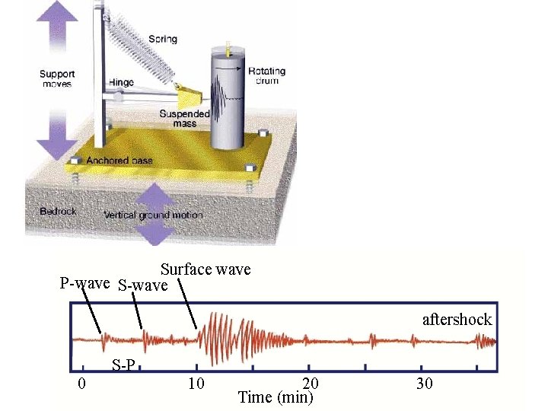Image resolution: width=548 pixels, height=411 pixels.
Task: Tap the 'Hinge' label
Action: [121, 82]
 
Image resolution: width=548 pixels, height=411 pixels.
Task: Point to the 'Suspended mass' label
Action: [178, 119]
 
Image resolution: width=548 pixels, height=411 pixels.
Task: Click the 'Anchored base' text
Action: [119, 161]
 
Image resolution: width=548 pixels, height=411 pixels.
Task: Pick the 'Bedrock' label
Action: [58, 211]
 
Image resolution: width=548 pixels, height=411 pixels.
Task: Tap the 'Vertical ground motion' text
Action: [154, 215]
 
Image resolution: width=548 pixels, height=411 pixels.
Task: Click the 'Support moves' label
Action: [57, 78]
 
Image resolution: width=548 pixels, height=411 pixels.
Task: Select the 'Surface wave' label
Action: [205, 269]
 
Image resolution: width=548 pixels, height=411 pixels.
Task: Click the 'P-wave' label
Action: [86, 284]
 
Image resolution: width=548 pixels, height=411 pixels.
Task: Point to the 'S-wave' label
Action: [143, 286]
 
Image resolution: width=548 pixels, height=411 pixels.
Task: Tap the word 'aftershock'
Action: [457, 320]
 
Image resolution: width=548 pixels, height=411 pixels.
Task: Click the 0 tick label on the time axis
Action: [81, 383]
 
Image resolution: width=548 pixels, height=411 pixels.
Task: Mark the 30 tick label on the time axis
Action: [425, 383]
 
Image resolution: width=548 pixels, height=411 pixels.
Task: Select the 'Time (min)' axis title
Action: [276, 397]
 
